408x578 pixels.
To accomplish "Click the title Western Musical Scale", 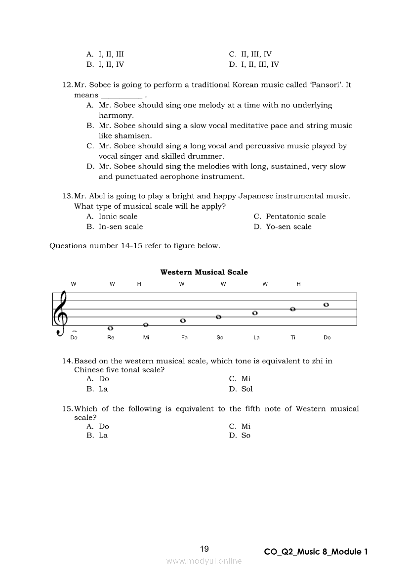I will (x=204, y=272).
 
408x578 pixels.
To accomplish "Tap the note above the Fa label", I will (x=183, y=321).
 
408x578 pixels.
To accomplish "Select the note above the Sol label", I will (x=218, y=317).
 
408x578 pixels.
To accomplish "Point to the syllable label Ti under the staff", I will (x=293, y=338).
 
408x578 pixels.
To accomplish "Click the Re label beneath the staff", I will (x=111, y=338).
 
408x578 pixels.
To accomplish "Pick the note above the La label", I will (x=255, y=313).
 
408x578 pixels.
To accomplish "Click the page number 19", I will (x=204, y=549).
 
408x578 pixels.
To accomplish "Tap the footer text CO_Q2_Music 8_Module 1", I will (x=316, y=552).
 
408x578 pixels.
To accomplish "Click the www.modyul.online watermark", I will (x=204, y=561).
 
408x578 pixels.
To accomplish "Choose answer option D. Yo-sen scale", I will (x=283, y=227).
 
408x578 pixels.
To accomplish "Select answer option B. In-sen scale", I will (x=115, y=227).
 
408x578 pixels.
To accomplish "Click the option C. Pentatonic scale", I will (x=289, y=217).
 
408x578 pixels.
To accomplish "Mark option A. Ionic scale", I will (x=112, y=217).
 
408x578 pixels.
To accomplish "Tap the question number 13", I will (x=67, y=196).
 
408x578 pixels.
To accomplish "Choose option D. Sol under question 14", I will (x=241, y=389).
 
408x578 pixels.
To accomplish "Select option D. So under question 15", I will (x=240, y=436).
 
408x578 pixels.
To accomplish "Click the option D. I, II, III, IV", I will (x=254, y=65).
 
